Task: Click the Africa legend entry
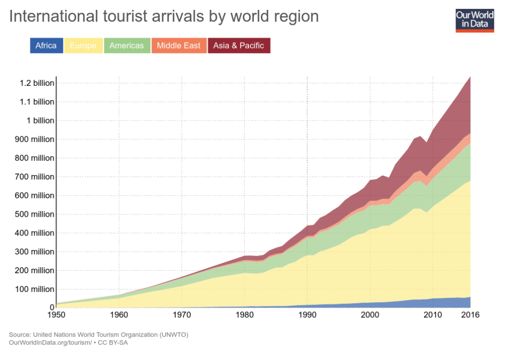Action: coord(46,46)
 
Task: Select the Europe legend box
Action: coord(83,46)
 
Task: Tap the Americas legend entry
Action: coord(127,46)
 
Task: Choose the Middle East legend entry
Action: coord(179,46)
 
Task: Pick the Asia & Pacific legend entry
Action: coord(239,46)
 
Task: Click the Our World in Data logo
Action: coord(475,20)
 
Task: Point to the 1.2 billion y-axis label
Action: coord(37,83)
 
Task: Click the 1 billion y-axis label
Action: coord(40,120)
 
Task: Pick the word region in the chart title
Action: coord(293,16)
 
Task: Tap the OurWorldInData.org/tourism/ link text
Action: coord(48,343)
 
